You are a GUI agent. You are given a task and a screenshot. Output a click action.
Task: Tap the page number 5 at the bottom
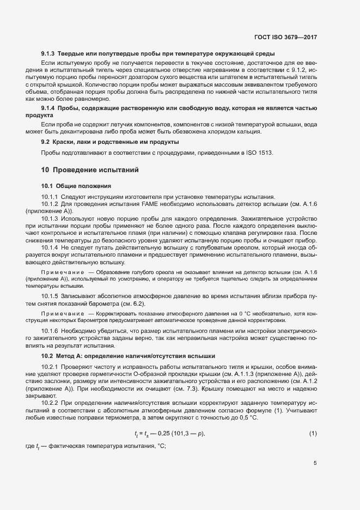point(315,464)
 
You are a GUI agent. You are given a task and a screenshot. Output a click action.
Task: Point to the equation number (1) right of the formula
point(313,434)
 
